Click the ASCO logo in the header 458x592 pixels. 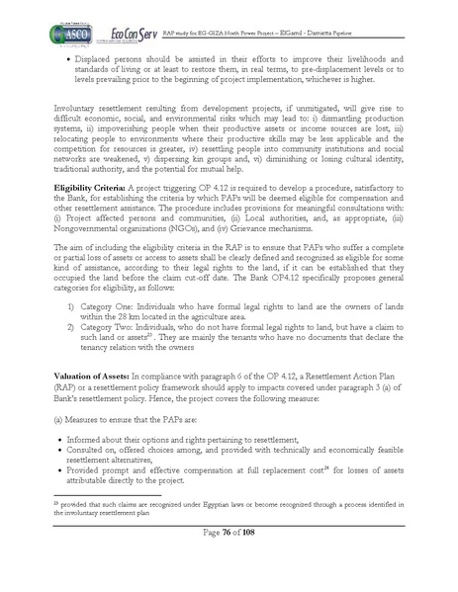pyautogui.click(x=68, y=33)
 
